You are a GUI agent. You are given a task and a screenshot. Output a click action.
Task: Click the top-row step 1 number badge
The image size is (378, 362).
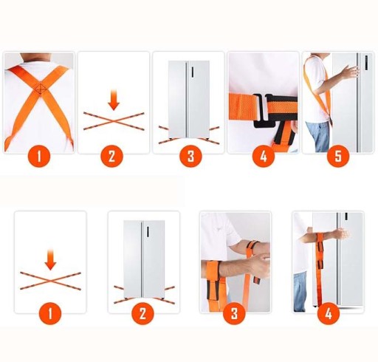(x=39, y=156)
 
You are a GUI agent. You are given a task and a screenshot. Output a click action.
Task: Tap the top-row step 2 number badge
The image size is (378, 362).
(x=111, y=156)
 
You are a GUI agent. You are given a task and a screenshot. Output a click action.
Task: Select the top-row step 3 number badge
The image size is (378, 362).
(x=190, y=156)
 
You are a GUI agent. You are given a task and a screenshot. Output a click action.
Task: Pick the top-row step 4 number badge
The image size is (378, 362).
(x=264, y=156)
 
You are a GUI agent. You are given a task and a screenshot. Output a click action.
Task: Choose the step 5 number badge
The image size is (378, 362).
(x=338, y=156)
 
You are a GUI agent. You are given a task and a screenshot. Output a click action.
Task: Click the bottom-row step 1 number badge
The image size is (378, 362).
(x=50, y=314)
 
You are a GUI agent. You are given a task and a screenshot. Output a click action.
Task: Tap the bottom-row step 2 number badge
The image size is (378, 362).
(x=142, y=314)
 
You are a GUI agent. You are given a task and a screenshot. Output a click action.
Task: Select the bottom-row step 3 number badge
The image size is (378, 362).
(x=234, y=314)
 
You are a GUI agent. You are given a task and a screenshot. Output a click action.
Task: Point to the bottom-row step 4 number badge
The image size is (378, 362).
(x=329, y=314)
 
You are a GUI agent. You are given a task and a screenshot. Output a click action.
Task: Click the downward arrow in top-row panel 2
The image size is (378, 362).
(x=114, y=100)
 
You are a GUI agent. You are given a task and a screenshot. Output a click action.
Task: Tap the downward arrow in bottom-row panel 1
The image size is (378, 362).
(x=50, y=259)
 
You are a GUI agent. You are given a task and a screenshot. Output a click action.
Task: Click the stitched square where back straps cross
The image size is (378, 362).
(x=41, y=89)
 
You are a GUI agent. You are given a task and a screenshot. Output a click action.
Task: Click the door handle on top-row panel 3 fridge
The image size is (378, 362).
(x=192, y=72)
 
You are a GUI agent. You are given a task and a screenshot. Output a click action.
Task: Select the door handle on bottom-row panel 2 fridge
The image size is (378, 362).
(x=148, y=232)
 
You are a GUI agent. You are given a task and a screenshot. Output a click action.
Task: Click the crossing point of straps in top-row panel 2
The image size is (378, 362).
(x=114, y=121)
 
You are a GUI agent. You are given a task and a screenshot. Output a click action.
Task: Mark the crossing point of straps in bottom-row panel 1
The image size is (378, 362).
(x=50, y=281)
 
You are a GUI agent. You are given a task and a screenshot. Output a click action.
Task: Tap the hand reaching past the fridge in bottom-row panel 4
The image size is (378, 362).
(x=342, y=234)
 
